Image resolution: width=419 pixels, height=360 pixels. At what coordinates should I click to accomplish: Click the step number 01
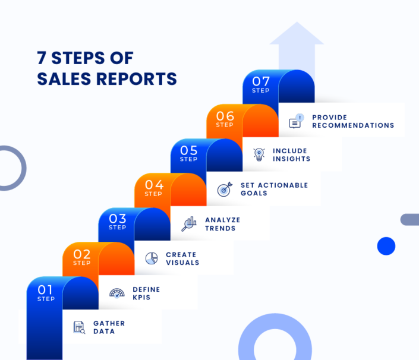(46, 289)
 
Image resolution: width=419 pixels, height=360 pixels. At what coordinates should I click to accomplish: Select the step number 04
(154, 185)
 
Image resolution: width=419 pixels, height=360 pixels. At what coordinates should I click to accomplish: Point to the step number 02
(82, 254)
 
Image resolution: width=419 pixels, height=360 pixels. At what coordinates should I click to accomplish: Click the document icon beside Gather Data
(79, 327)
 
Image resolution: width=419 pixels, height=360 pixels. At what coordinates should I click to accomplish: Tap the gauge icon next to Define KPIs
(117, 293)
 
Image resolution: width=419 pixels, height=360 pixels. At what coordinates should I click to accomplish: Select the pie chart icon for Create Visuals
(152, 258)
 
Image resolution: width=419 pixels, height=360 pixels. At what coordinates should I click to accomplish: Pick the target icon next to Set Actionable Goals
(224, 190)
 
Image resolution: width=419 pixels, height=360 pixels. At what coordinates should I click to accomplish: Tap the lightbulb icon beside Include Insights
(259, 154)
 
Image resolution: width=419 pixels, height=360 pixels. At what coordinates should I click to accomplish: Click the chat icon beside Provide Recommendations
(295, 121)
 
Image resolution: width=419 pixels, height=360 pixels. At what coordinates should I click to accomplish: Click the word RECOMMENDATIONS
(353, 125)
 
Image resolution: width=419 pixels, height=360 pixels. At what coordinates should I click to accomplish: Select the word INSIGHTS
(291, 159)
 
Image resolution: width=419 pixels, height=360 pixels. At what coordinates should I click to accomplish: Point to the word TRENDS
(220, 228)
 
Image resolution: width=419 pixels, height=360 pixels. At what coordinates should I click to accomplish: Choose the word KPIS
(141, 297)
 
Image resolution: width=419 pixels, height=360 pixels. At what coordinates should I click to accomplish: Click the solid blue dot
(386, 246)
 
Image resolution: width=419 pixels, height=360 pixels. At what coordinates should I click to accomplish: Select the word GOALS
(254, 193)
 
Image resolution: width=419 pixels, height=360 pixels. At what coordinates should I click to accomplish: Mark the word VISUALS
(182, 263)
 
